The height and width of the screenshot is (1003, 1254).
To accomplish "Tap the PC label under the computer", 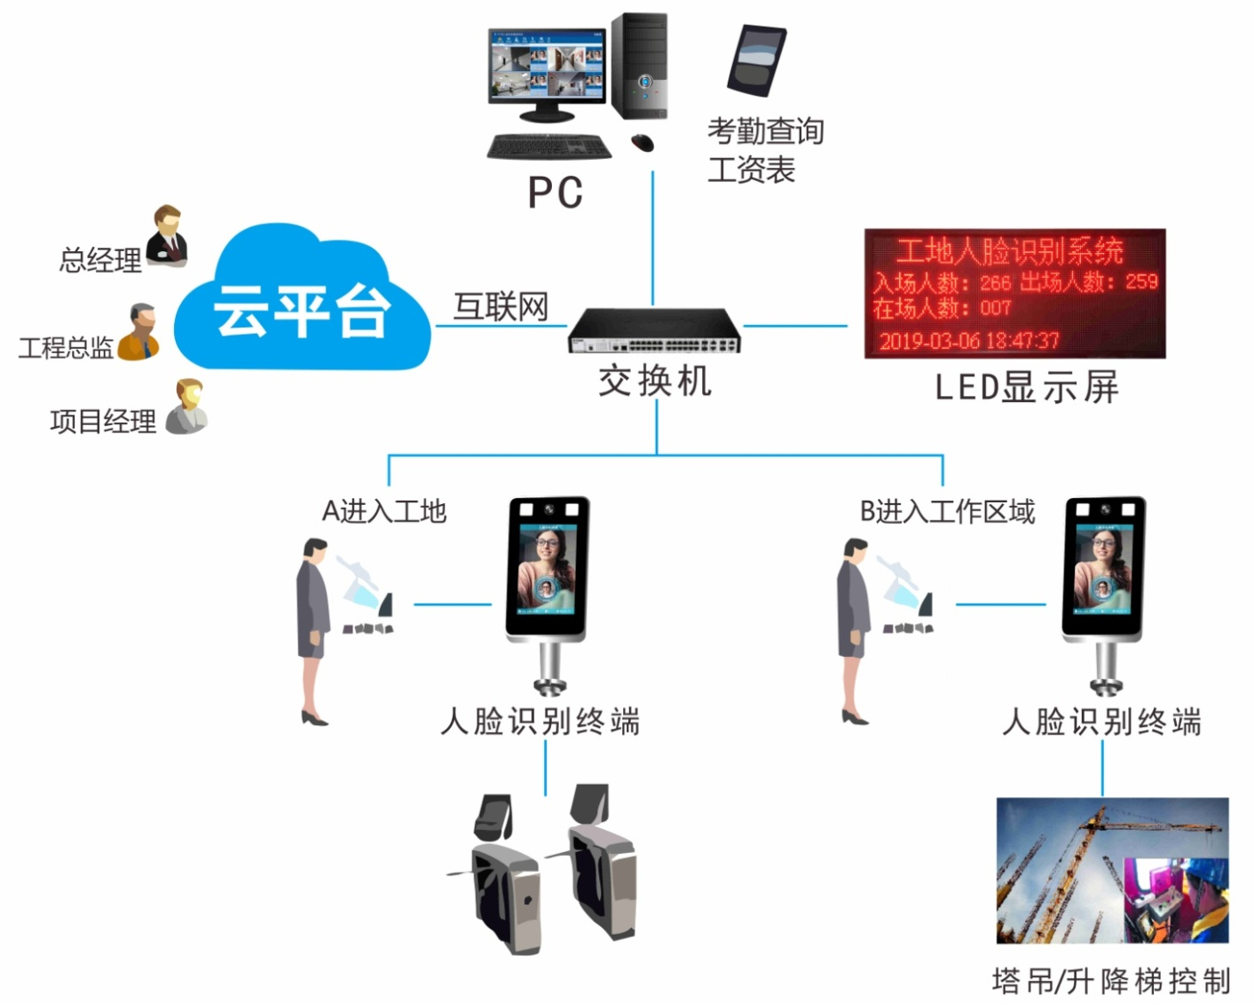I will pyautogui.click(x=556, y=193).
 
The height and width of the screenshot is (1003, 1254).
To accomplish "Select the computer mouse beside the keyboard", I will pyautogui.click(x=642, y=142).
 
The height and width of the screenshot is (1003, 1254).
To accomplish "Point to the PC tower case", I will pyautogui.click(x=639, y=67).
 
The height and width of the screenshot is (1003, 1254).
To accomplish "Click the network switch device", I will pyautogui.click(x=655, y=331).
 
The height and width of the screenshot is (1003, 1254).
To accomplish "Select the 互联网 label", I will pyautogui.click(x=501, y=307).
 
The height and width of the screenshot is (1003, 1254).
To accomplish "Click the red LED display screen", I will pyautogui.click(x=1014, y=294).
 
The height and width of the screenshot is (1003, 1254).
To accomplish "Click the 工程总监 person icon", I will pyautogui.click(x=139, y=332).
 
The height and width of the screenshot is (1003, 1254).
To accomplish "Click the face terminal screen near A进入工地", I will pyautogui.click(x=547, y=567).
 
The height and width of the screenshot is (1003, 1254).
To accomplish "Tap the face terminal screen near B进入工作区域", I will pyautogui.click(x=1104, y=567).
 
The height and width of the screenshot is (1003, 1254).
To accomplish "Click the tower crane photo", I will pyautogui.click(x=1112, y=870).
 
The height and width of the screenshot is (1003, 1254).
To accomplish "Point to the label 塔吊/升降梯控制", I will pyautogui.click(x=1111, y=981).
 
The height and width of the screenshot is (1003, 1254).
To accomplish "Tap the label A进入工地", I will pyautogui.click(x=383, y=512).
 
